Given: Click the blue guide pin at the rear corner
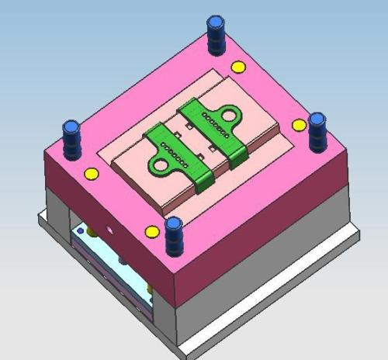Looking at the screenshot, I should click(x=215, y=34).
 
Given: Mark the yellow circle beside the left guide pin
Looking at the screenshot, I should click(x=91, y=173).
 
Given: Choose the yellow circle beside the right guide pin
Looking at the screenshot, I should click(x=298, y=125).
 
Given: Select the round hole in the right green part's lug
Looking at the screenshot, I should click(x=230, y=116).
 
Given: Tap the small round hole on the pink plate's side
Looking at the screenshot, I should click(x=112, y=230).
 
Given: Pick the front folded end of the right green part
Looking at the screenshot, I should click(x=237, y=158).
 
